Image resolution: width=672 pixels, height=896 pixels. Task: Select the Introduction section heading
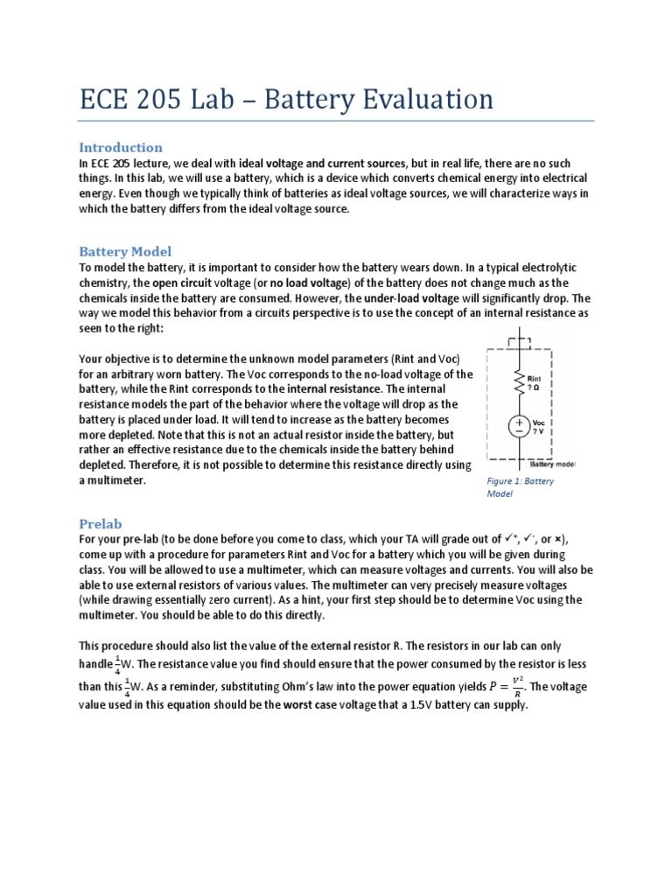tap(121, 147)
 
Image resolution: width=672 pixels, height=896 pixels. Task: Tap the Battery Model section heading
tap(125, 251)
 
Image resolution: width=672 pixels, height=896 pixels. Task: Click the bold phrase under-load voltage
tap(409, 298)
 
